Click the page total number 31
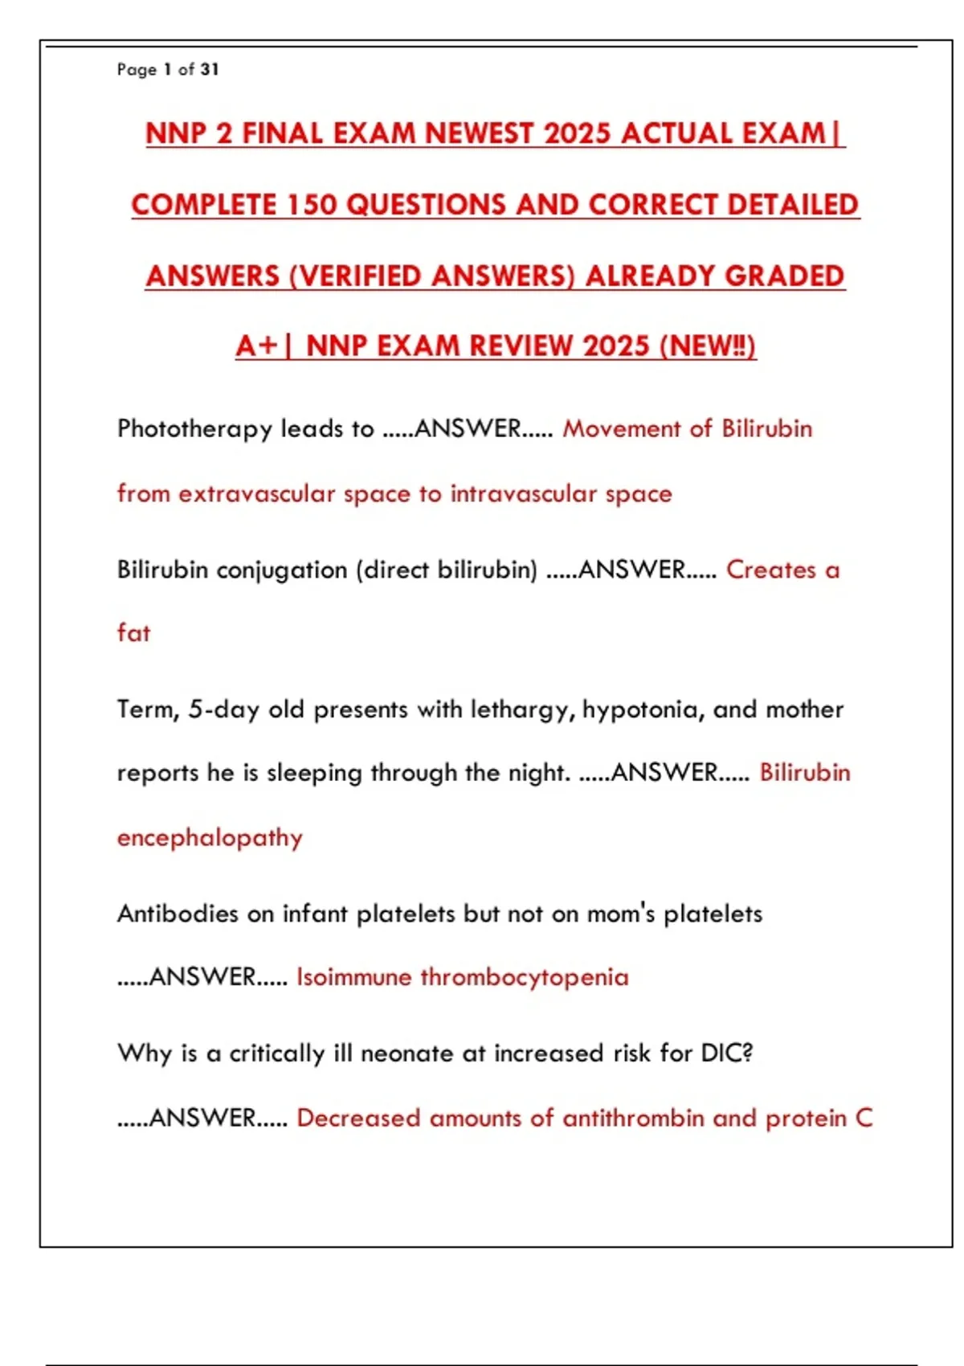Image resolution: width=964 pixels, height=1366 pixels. coord(210,70)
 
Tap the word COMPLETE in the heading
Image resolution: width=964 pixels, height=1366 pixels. coord(204,205)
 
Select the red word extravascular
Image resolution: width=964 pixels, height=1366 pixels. coord(256,493)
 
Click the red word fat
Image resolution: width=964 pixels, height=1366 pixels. coord(133,633)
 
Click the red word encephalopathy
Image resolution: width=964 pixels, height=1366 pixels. coord(210,838)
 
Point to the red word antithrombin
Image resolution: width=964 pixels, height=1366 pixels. coord(633,1119)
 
